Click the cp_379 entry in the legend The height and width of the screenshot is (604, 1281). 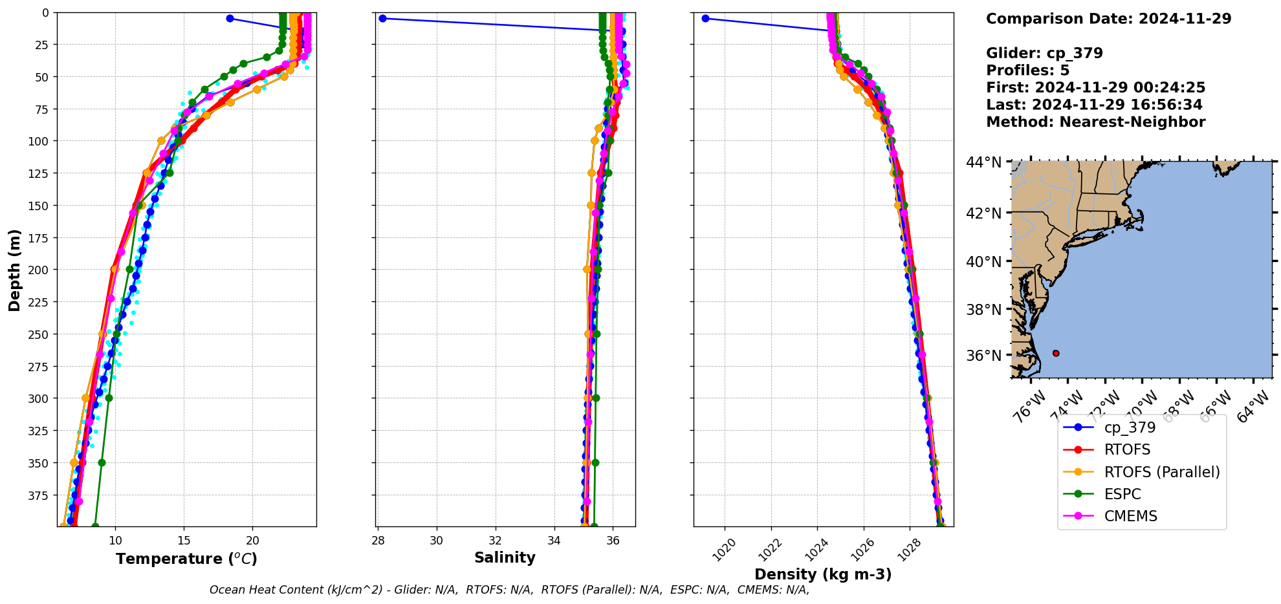(1129, 427)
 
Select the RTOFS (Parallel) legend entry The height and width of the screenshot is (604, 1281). (1161, 472)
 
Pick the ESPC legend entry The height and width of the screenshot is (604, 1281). (1122, 494)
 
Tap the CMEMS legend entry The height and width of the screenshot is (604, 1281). (1130, 516)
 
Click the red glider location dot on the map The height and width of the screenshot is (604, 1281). (1056, 353)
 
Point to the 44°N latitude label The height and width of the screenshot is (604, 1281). (983, 162)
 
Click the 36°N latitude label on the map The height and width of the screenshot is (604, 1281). (983, 356)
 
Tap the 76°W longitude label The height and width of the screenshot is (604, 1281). (1028, 407)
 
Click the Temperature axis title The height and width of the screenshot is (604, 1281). (186, 559)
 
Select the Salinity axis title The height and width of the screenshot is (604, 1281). (505, 557)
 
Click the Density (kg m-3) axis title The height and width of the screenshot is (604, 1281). (823, 574)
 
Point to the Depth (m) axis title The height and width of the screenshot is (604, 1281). (14, 270)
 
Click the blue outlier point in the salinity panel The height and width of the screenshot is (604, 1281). (382, 18)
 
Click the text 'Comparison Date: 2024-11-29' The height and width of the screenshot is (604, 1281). (1108, 19)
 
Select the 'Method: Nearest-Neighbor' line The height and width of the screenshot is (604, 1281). (1095, 122)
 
